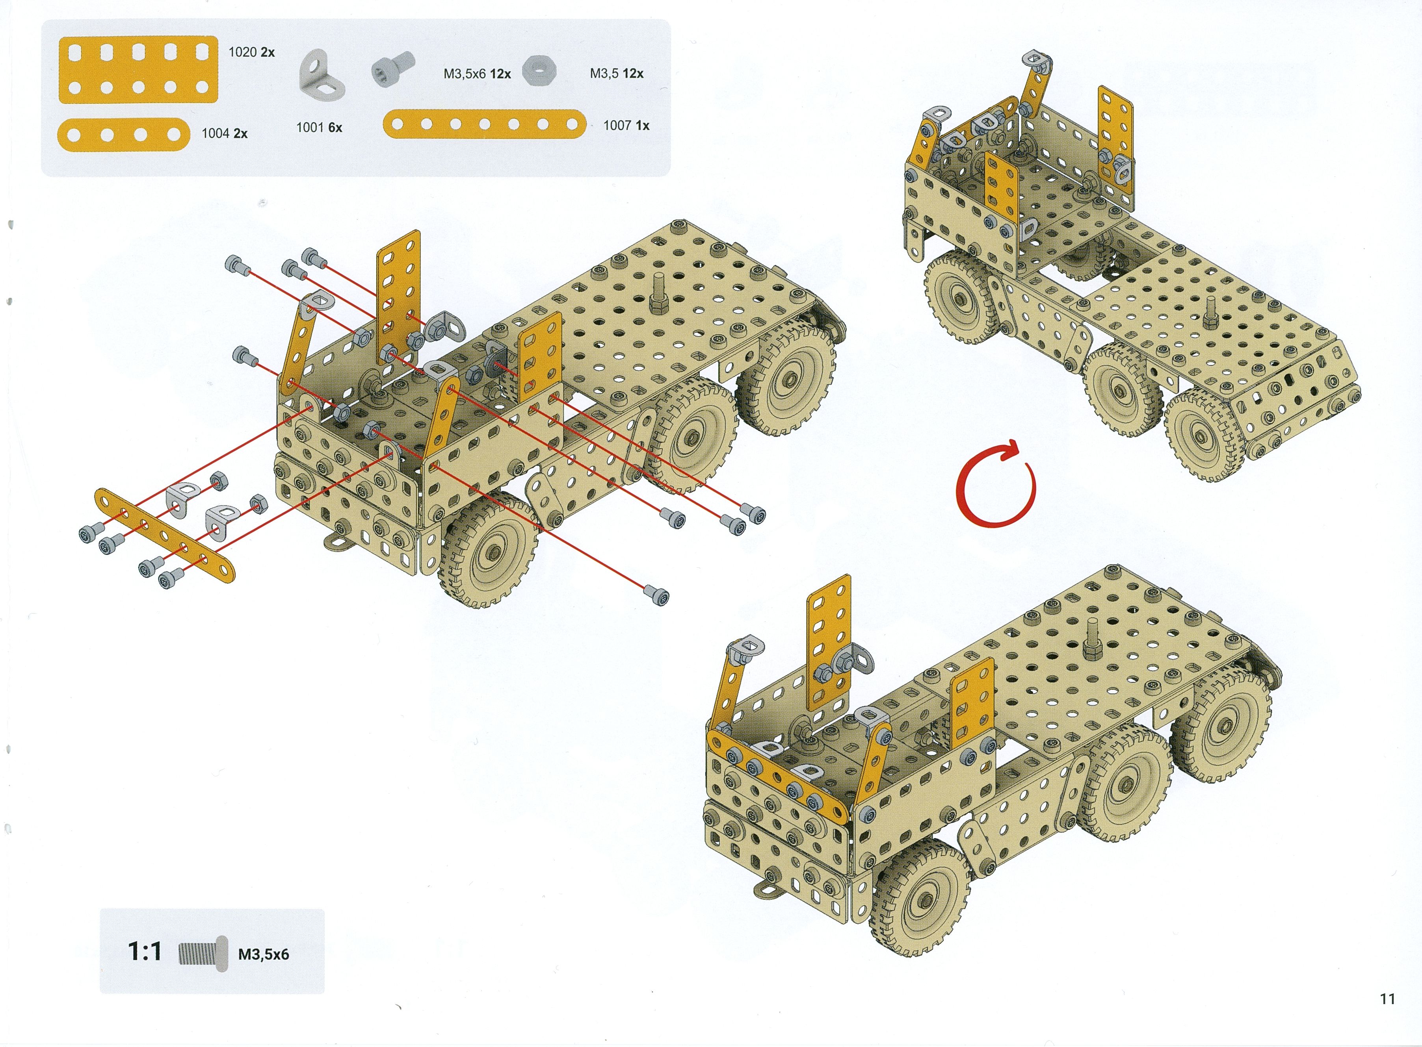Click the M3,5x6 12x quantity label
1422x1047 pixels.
coord(477,74)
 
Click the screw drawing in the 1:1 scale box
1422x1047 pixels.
coord(203,953)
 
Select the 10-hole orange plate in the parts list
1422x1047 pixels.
coord(138,70)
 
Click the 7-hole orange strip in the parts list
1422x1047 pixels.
coord(485,124)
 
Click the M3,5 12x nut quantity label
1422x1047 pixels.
coord(617,74)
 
